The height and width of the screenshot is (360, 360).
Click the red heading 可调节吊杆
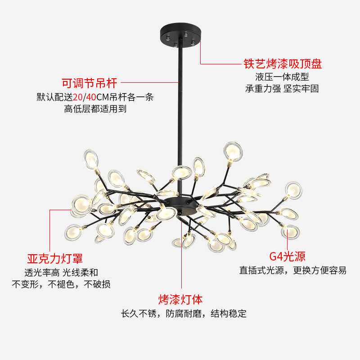tap(89, 83)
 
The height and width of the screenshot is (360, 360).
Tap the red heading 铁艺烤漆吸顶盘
tap(283, 64)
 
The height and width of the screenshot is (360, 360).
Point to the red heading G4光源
tap(287, 257)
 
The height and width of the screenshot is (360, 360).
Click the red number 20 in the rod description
tap(78, 97)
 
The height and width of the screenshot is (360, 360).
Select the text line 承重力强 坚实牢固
tap(282, 89)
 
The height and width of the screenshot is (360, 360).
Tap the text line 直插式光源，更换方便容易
tap(292, 270)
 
